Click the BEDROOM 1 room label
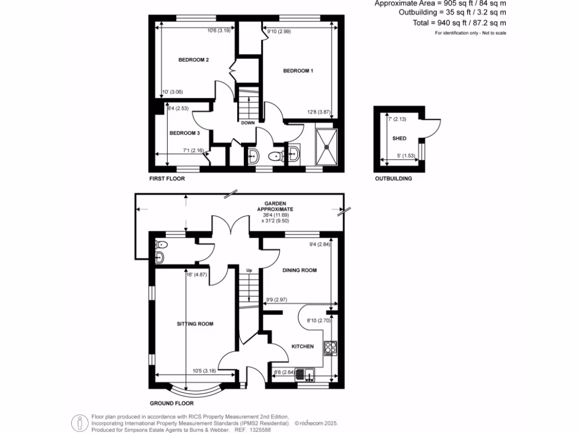click(298, 70)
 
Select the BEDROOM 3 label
click(185, 133)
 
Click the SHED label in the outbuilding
click(399, 138)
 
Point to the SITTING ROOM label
click(195, 324)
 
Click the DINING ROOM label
click(299, 270)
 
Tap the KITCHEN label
click(302, 346)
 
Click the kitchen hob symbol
click(330, 348)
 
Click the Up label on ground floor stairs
click(248, 271)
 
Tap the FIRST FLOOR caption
click(167, 178)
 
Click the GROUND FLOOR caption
click(172, 403)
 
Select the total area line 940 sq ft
click(459, 23)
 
